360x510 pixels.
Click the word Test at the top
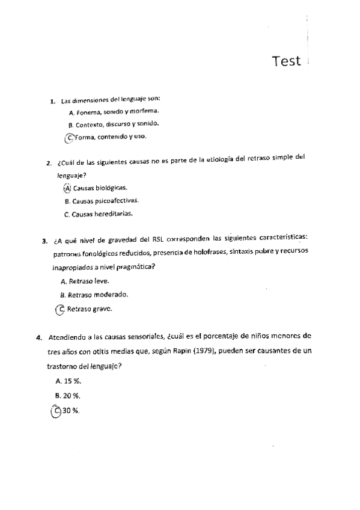(x=285, y=61)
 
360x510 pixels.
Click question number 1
(x=53, y=101)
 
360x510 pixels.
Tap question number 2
(x=49, y=164)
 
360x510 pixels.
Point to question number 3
(x=44, y=242)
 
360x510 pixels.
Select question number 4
(x=40, y=336)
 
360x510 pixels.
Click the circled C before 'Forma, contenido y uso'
(x=70, y=137)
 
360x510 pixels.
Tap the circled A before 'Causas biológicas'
(x=67, y=188)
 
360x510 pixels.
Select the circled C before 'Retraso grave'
(x=60, y=309)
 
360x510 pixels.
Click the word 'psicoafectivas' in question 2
(x=113, y=201)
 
